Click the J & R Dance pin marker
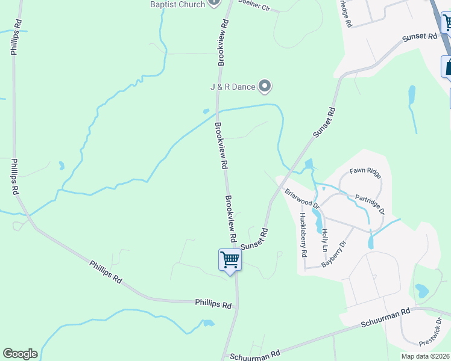tap(265, 87)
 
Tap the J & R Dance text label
tap(233, 87)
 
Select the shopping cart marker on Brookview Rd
tap(230, 261)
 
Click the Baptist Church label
tap(177, 4)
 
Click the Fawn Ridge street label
tap(365, 172)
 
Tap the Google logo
tap(20, 354)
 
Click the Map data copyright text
tap(426, 356)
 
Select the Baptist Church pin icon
tap(213, 3)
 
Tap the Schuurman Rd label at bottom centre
tap(255, 355)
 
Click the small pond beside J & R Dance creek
tap(206, 111)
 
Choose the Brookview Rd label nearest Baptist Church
tap(222, 42)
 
